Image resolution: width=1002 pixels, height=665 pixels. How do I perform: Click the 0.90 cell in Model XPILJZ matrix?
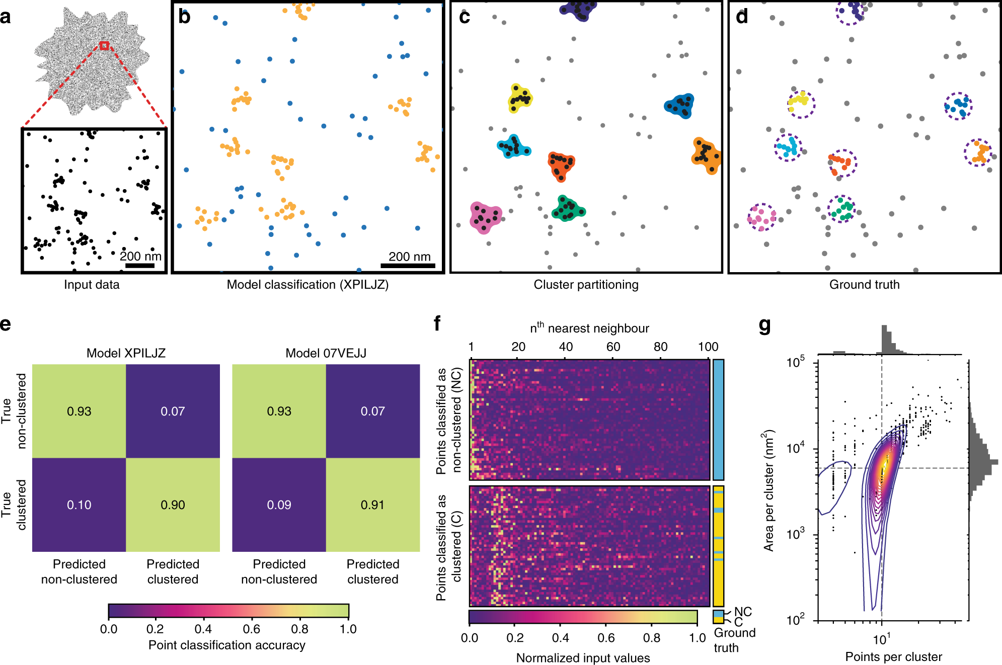173,505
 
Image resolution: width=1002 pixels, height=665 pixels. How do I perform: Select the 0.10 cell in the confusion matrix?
79,505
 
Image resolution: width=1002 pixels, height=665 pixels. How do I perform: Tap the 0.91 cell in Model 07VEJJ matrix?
372,505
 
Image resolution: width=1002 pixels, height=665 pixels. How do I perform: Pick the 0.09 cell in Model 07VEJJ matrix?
279,505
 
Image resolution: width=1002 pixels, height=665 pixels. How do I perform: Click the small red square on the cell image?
104,46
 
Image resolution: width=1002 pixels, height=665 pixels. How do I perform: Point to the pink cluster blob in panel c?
485,217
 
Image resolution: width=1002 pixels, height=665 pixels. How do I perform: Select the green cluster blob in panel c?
568,209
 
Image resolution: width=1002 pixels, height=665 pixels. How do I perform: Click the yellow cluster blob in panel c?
520,98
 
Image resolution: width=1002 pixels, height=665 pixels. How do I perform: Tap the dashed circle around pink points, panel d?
761,217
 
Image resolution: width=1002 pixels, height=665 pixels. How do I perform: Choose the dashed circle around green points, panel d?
841,209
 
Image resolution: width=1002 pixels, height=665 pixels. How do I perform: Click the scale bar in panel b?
408,266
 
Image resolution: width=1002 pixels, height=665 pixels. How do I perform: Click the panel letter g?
764,326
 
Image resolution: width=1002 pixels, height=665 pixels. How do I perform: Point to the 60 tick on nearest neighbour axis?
613,347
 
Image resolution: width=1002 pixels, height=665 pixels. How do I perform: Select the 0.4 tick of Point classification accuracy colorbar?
203,629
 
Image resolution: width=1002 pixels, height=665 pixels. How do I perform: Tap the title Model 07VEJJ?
326,353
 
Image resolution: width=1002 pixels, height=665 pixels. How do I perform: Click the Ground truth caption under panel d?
864,285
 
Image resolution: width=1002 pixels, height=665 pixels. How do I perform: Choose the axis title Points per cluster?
893,656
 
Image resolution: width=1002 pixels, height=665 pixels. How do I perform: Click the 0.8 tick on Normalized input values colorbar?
652,638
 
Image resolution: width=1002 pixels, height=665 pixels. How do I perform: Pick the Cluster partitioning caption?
586,285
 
